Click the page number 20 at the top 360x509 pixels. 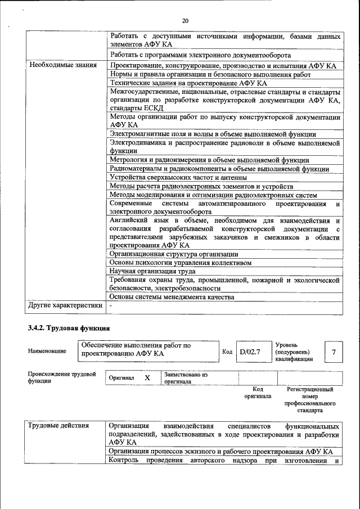point(185,21)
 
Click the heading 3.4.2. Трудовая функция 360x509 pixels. point(69,328)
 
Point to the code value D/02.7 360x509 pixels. point(249,352)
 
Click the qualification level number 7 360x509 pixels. point(334,352)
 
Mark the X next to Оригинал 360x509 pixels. point(147,378)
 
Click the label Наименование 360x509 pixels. point(47,352)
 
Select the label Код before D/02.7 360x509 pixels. point(227,352)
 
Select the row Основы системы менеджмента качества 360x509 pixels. point(171,297)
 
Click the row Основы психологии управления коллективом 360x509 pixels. point(180,263)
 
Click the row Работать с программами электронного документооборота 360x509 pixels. point(200,56)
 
